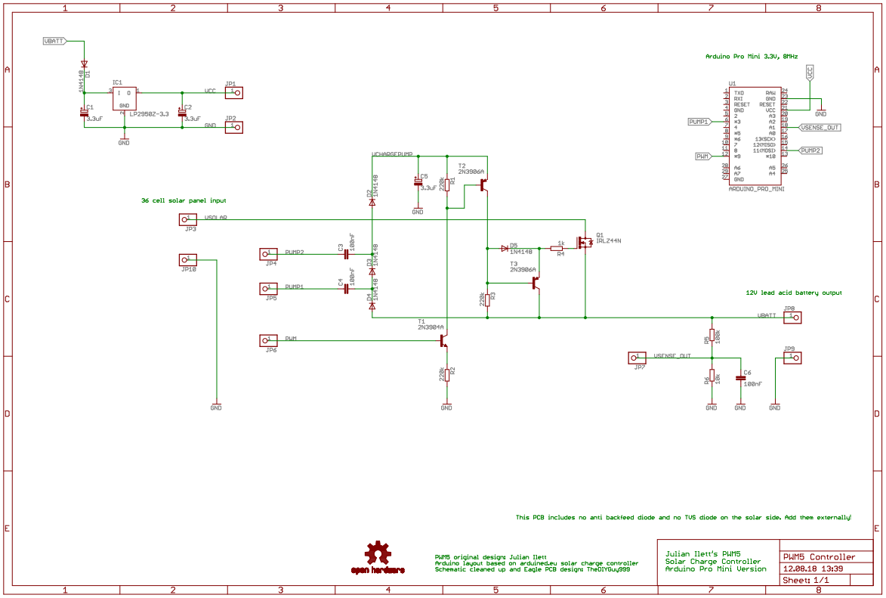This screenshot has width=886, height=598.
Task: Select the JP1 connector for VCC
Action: [235, 92]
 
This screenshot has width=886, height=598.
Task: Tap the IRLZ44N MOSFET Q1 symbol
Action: [585, 242]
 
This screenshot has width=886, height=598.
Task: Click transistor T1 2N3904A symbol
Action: [444, 341]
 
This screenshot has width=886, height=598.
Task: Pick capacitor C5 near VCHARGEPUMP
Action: [418, 182]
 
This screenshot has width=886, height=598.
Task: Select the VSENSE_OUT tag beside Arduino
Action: [820, 128]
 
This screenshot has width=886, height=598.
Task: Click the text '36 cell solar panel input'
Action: [184, 200]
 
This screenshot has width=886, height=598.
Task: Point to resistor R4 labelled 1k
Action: [557, 248]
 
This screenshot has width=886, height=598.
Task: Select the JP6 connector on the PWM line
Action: [268, 341]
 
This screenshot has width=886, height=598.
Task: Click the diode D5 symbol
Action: [505, 248]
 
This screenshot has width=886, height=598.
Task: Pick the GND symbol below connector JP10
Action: [216, 406]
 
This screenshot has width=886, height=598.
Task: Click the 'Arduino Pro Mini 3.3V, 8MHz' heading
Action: [751, 56]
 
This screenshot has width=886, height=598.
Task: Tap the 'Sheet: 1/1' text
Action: [806, 580]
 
